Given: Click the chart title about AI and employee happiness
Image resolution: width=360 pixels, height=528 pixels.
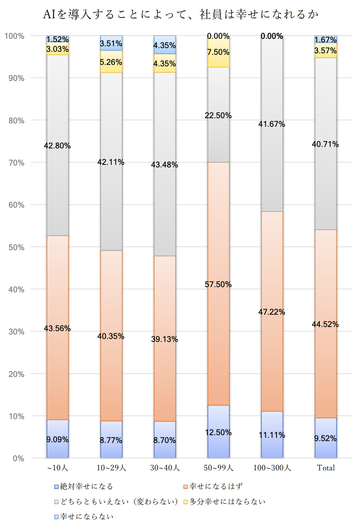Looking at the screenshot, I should pyautogui.click(x=181, y=15).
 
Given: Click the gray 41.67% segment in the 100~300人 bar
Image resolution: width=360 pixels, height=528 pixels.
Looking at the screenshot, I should pyautogui.click(x=272, y=149).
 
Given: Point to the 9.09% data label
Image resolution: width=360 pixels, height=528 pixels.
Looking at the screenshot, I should pyautogui.click(x=57, y=440).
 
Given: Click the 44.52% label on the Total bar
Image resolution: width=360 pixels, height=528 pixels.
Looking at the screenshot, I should pyautogui.click(x=325, y=324).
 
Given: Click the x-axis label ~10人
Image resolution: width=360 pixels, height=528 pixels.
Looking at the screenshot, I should pyautogui.click(x=57, y=468).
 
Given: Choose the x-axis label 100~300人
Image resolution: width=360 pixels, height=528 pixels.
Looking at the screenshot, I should pyautogui.click(x=272, y=468).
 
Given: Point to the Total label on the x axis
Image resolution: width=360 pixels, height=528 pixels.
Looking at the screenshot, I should pyautogui.click(x=326, y=468).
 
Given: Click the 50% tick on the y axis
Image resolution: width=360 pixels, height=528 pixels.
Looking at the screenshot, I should pyautogui.click(x=16, y=247).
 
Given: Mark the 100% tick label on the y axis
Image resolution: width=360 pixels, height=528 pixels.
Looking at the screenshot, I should pyautogui.click(x=15, y=36).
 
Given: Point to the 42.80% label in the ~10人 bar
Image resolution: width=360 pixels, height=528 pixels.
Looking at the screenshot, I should pyautogui.click(x=57, y=146).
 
